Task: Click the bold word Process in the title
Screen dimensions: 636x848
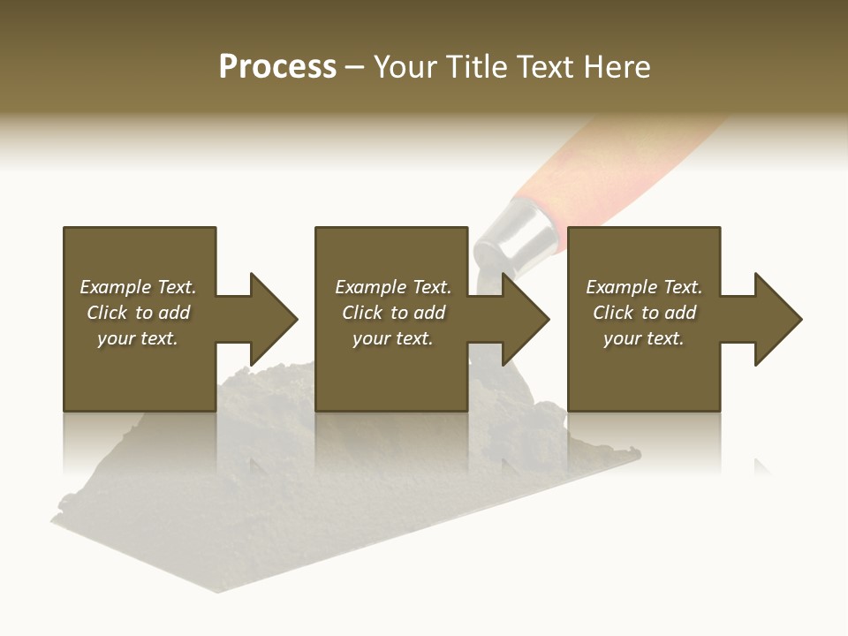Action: [x=277, y=67]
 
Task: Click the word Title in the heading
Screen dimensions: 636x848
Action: [x=475, y=67]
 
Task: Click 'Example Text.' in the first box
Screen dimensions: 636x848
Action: [x=138, y=287]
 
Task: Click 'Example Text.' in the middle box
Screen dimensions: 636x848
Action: [x=393, y=287]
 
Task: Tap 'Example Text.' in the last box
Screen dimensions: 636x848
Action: [x=644, y=287]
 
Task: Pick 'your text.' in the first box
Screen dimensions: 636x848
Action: [x=138, y=338]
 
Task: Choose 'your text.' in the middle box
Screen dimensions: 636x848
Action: [x=393, y=338]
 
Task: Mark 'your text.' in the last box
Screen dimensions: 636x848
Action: [x=644, y=338]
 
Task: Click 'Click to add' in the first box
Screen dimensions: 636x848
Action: [x=138, y=313]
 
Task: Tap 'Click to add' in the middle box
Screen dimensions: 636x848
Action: [x=393, y=313]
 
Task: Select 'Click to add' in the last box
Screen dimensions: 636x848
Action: [x=644, y=313]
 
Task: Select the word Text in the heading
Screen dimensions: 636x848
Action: [x=544, y=67]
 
